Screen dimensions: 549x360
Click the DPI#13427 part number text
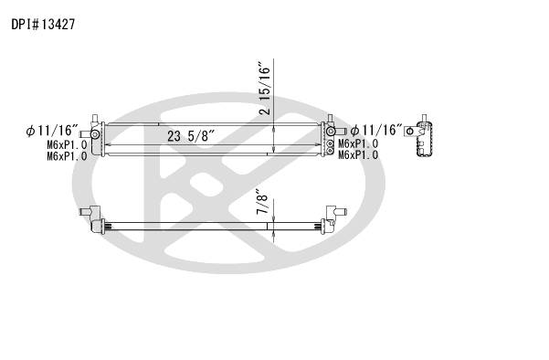[x=44, y=25]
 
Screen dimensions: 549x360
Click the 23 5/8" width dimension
[x=191, y=136]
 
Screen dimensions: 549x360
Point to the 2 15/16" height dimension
[x=265, y=89]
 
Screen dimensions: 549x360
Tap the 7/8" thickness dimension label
[x=262, y=202]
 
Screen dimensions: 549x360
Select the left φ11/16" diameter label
[x=52, y=131]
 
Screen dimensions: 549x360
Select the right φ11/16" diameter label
[x=376, y=131]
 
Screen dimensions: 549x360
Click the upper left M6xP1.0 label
[x=67, y=144]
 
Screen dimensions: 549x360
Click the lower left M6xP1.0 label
[x=67, y=156]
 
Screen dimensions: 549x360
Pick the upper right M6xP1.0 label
[x=358, y=143]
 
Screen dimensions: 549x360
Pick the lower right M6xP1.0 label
[x=358, y=154]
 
